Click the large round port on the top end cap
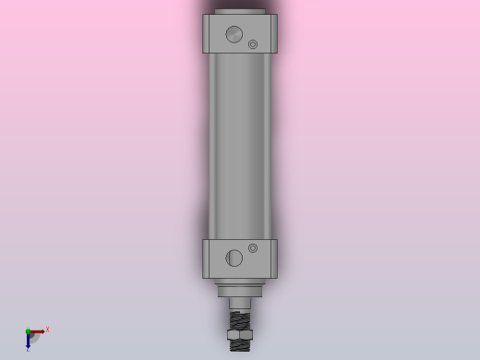click(234, 34)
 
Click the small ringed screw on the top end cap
click(253, 44)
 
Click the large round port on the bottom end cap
click(234, 258)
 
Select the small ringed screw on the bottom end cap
click(253, 248)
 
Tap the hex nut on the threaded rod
click(240, 334)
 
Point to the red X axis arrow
click(38, 331)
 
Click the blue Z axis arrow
click(29, 341)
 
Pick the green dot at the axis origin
click(28, 331)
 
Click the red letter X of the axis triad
click(47, 329)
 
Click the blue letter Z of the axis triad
click(28, 350)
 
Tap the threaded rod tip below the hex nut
click(240, 345)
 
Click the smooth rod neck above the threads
click(240, 303)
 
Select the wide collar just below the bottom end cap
click(240, 291)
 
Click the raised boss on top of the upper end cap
click(240, 12)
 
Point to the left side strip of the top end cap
click(206, 33)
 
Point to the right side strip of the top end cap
click(273, 33)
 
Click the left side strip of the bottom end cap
click(206, 258)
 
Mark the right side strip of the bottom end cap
click(273, 258)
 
